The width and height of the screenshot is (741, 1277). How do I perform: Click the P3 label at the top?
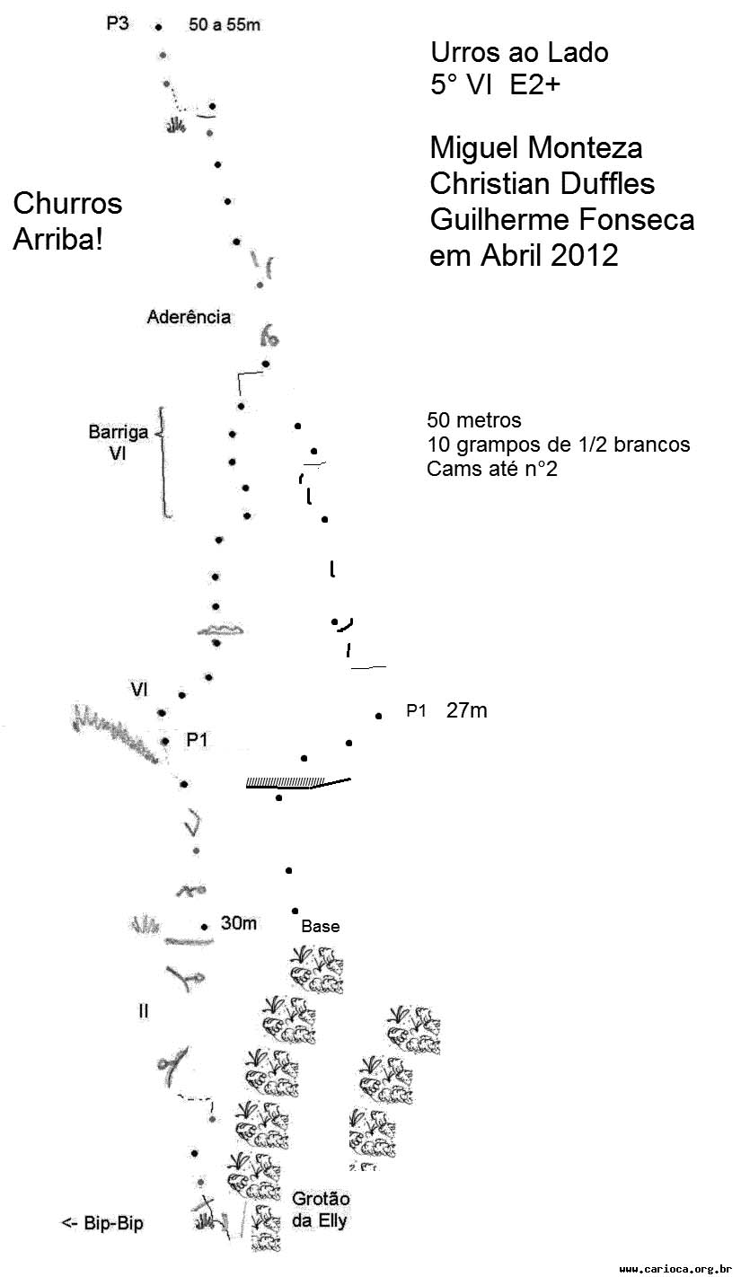tap(118, 23)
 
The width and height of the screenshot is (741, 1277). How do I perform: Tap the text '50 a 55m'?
tap(225, 24)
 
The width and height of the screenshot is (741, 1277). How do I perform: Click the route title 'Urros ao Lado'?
tap(519, 52)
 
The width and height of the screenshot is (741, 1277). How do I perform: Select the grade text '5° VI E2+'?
tap(495, 85)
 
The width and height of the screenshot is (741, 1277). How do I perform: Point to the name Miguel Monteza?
tap(536, 147)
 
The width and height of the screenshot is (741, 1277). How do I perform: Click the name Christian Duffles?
tap(543, 183)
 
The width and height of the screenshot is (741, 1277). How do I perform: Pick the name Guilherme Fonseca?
tap(562, 219)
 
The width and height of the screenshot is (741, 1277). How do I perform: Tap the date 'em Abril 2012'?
tap(524, 255)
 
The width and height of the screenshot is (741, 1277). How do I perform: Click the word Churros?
tap(68, 204)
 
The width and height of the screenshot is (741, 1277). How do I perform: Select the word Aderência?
tap(189, 316)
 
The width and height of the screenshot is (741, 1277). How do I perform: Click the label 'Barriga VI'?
tap(118, 443)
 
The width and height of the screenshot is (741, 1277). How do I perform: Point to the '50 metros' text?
tap(473, 420)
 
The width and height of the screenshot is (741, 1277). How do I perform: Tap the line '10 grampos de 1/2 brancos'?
tap(558, 445)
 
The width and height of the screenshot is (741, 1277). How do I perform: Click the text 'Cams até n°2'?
tap(492, 469)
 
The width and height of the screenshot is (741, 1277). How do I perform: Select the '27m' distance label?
tap(466, 710)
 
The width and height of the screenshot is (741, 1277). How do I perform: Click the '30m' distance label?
tap(239, 923)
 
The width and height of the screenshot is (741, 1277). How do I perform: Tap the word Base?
tap(321, 927)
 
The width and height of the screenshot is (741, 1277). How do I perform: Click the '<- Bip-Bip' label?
tap(102, 1223)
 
